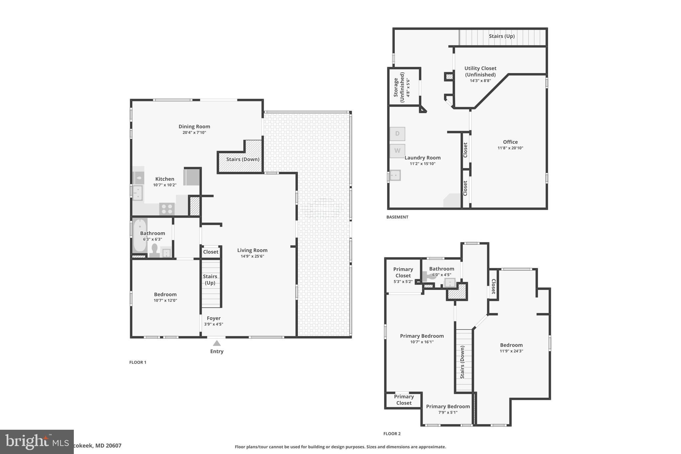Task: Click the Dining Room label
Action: click(x=194, y=126)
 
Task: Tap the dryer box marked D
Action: click(x=397, y=134)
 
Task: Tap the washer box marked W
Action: click(x=397, y=151)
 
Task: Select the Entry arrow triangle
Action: click(x=217, y=343)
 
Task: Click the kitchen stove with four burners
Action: click(x=167, y=209)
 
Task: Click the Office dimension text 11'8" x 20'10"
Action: click(x=510, y=148)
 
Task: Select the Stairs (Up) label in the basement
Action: click(x=501, y=36)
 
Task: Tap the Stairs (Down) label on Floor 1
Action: click(x=243, y=159)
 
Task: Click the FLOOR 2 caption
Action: click(x=392, y=433)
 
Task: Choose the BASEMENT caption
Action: click(x=397, y=217)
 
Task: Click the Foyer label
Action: click(x=213, y=318)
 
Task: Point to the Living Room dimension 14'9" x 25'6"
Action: click(x=252, y=256)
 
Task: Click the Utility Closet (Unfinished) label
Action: click(x=480, y=72)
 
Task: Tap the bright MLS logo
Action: click(x=37, y=442)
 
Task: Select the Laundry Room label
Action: click(x=422, y=158)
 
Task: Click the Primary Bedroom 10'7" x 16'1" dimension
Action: click(x=422, y=342)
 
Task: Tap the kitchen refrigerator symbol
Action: click(x=192, y=177)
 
